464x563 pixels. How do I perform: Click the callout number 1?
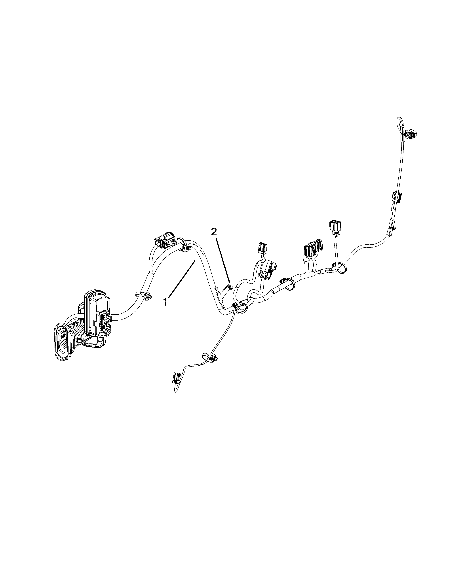166,302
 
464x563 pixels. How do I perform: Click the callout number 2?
214,232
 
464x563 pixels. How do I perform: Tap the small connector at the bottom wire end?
177,378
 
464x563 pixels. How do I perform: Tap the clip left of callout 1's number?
144,295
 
